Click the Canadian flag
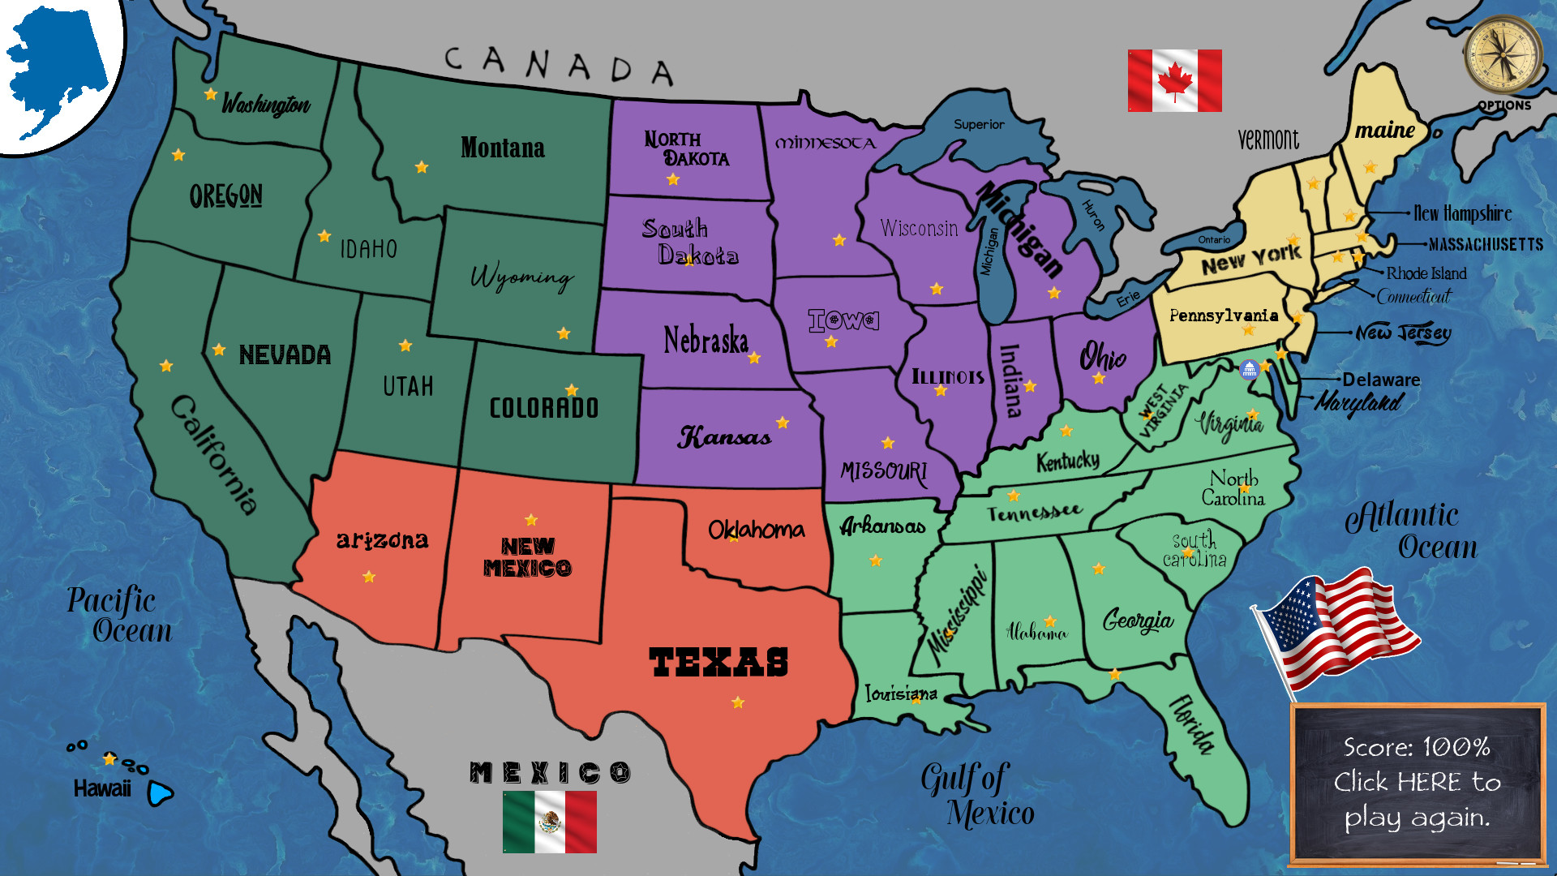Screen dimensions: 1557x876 (1174, 80)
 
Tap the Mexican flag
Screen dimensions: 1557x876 (549, 822)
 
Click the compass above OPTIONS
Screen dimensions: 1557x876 (1503, 55)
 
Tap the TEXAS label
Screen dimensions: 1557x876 (718, 662)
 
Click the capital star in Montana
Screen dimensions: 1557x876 (422, 167)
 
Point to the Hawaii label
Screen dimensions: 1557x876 (102, 788)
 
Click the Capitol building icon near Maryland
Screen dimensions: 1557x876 (1249, 370)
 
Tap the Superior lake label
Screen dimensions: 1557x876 (979, 124)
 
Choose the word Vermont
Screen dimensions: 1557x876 (1268, 140)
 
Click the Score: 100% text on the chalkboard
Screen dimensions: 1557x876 (1416, 747)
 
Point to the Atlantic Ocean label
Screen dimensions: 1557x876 (1411, 530)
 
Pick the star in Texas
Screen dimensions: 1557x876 (738, 702)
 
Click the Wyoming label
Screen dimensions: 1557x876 (522, 277)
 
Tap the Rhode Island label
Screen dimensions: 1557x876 (1426, 273)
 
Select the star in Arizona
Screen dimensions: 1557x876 (369, 577)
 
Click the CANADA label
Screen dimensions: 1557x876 (559, 65)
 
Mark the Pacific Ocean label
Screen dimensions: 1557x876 (118, 615)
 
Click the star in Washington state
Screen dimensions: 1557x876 (211, 94)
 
